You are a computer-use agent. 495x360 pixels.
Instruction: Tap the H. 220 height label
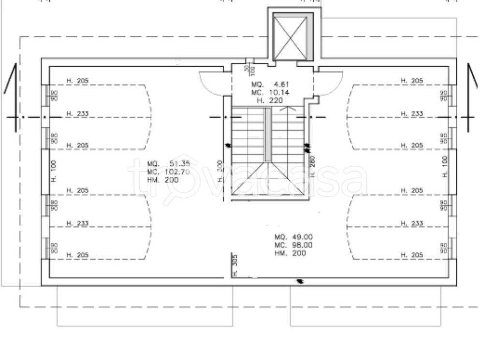(x=270, y=101)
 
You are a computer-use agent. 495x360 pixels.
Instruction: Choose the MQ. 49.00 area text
(x=294, y=237)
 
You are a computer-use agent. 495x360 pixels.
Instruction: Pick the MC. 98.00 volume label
(x=294, y=245)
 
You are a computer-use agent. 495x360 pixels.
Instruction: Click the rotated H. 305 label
(x=235, y=265)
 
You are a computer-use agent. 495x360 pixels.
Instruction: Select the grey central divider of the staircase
(x=268, y=134)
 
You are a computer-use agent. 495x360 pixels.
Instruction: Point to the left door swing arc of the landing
(x=212, y=82)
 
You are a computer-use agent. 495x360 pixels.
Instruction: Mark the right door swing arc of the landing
(x=331, y=82)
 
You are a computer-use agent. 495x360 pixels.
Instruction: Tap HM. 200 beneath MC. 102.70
(x=163, y=180)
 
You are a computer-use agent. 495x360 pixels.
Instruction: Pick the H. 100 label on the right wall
(x=445, y=166)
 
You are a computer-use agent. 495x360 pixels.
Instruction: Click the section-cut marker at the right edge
(x=471, y=97)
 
